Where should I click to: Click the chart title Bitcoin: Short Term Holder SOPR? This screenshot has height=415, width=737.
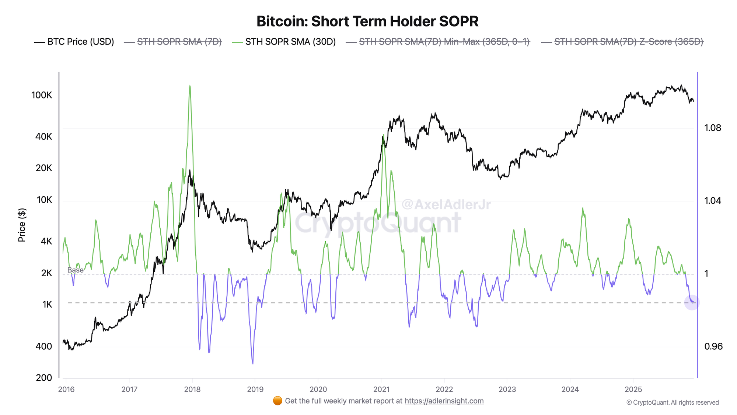click(x=367, y=21)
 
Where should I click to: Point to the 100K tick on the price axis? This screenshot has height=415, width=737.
click(x=42, y=95)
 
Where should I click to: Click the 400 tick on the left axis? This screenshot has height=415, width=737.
click(x=43, y=346)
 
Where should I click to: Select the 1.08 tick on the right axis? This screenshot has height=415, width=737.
click(x=713, y=128)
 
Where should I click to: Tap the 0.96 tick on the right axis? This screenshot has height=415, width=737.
click(x=713, y=346)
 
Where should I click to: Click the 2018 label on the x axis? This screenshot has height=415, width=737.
click(x=192, y=389)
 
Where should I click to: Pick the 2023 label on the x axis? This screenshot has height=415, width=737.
click(x=507, y=389)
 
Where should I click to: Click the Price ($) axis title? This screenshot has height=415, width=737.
click(x=22, y=225)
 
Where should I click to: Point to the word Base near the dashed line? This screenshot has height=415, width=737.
click(x=75, y=270)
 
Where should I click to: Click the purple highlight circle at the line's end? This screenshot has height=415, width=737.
click(x=692, y=302)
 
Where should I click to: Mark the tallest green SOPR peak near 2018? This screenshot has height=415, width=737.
click(x=190, y=86)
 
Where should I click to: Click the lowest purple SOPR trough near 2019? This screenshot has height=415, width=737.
click(x=253, y=363)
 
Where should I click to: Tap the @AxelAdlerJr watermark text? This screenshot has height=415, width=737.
click(x=446, y=204)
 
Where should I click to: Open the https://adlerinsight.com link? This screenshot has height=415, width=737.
click(x=444, y=401)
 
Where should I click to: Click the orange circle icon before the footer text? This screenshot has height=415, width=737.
click(x=277, y=401)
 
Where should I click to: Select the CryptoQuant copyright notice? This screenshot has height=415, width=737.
click(x=673, y=402)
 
